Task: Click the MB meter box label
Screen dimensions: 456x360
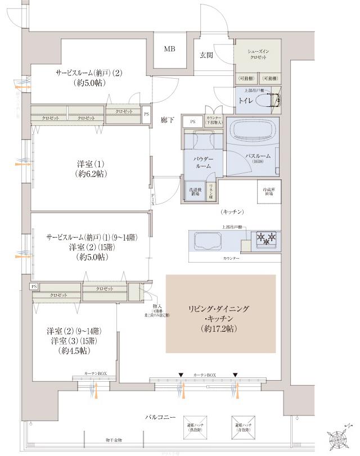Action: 169,49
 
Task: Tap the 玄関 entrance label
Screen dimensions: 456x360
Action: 205,55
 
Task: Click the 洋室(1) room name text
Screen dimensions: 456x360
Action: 92,164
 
